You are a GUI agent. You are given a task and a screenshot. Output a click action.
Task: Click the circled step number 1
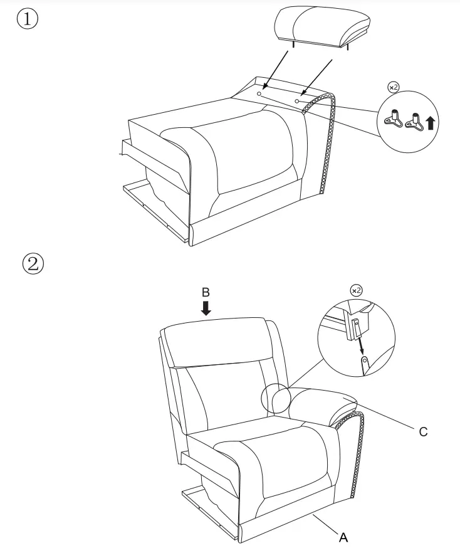[28, 19]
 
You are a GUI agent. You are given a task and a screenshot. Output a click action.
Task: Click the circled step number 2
[33, 262]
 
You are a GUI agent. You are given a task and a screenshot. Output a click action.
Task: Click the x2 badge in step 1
[393, 88]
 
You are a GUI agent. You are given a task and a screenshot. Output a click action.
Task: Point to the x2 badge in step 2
[355, 290]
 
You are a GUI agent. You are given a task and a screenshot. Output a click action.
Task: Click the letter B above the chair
[206, 292]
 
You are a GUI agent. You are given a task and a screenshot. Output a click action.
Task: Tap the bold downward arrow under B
[206, 308]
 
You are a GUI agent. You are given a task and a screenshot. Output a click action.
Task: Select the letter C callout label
[423, 432]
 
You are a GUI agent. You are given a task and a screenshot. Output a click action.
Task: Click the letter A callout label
[343, 537]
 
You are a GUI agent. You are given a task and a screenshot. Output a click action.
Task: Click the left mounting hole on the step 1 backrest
[259, 92]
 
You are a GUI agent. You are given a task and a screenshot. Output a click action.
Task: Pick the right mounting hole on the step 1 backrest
[297, 100]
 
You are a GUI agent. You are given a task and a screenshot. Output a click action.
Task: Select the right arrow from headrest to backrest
[316, 78]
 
